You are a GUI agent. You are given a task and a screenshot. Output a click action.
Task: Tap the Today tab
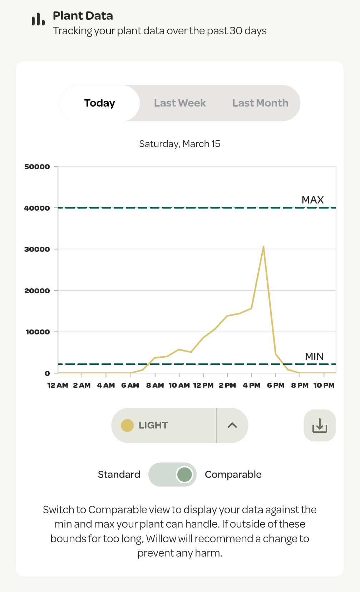coord(100,103)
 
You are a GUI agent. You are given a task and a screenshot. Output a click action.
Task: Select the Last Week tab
coord(180,103)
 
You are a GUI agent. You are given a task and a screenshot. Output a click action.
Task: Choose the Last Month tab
coord(260,103)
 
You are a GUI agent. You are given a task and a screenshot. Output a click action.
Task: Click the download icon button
coord(320,425)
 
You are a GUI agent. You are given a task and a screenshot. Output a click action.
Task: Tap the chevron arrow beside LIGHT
coord(232,425)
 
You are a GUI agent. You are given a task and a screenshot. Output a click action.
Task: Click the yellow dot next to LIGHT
coord(127,426)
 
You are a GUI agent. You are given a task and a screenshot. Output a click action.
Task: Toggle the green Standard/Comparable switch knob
coord(184,474)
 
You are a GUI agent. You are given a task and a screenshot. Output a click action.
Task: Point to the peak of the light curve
coord(263,246)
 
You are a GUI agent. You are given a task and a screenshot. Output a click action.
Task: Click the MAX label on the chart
coord(313,200)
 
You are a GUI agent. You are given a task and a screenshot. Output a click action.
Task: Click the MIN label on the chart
coord(314,357)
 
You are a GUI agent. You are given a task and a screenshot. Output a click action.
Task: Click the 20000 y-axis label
coord(37,291)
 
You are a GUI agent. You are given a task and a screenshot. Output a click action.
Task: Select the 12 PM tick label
coord(203,385)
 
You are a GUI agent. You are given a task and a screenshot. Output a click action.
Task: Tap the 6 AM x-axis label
coord(130,385)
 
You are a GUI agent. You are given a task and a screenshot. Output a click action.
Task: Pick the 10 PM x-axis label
coord(324,385)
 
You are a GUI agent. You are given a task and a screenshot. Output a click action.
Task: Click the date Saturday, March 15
coord(179,144)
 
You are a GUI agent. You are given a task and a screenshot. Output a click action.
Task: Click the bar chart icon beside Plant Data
coord(38,19)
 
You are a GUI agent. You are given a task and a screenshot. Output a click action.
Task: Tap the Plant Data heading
coord(83,16)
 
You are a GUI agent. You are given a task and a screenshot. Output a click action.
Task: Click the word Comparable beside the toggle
coord(233,475)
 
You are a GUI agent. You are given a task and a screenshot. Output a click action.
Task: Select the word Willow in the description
coord(161,539)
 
